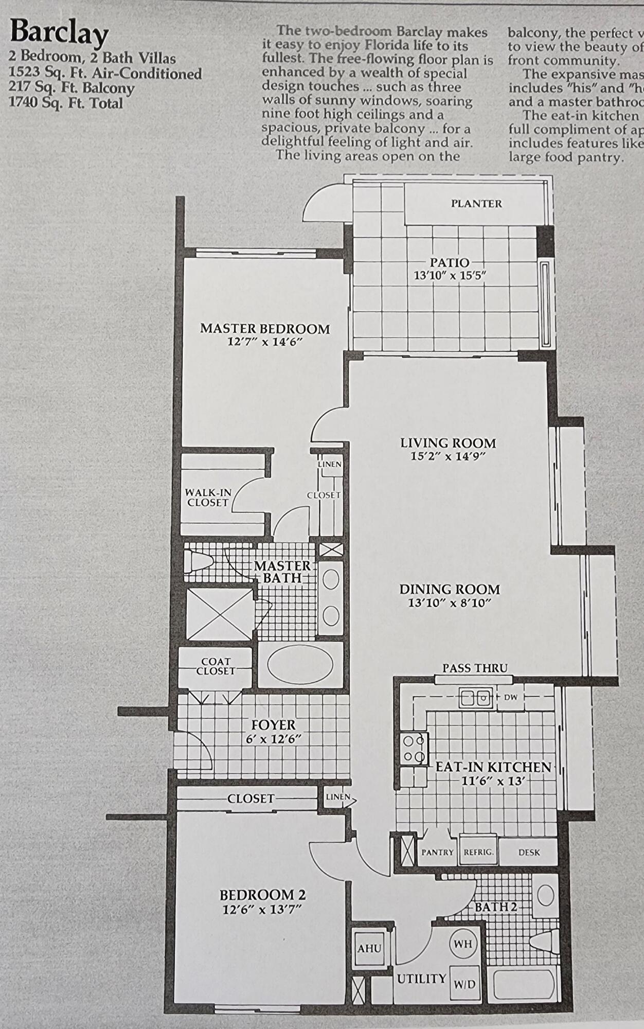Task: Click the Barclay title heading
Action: [x=59, y=32]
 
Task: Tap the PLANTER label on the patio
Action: [x=476, y=204]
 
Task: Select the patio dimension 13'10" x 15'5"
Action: [x=450, y=275]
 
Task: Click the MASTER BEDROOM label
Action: [x=265, y=329]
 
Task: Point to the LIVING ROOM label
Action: [x=448, y=443]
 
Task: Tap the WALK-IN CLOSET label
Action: [x=208, y=498]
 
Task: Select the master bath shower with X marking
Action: [x=220, y=615]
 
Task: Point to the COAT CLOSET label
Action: [x=216, y=666]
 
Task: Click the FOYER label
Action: [x=273, y=725]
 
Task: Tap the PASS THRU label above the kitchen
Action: [x=475, y=668]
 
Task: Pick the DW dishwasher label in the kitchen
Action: [x=510, y=698]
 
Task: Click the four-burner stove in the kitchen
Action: [x=414, y=749]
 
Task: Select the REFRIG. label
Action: [x=478, y=853]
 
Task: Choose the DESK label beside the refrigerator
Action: [x=529, y=853]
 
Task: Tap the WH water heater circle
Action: [x=463, y=944]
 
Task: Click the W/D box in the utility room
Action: [x=464, y=984]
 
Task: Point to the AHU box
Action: [x=369, y=948]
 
